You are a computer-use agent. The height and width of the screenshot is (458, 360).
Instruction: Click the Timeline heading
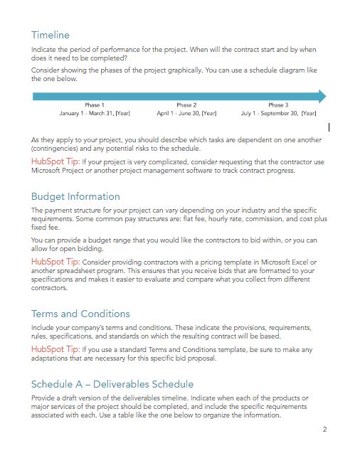tap(51, 35)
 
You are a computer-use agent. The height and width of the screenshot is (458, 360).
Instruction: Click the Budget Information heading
tap(75, 196)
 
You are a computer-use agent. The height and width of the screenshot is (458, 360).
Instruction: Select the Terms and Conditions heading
tap(80, 314)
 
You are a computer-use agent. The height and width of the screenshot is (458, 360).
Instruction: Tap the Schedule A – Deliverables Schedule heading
tap(112, 385)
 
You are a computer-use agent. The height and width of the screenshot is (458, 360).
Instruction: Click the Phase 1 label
tap(94, 105)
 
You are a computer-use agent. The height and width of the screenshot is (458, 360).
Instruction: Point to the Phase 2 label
tap(186, 105)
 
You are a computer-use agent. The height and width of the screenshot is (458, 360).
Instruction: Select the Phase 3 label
tap(278, 105)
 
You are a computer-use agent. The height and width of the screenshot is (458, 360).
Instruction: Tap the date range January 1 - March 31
tap(95, 113)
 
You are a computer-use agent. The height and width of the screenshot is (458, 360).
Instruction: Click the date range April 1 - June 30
tap(186, 113)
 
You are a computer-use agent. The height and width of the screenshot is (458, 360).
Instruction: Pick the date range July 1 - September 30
tap(278, 113)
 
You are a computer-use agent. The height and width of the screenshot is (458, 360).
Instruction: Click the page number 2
tap(324, 430)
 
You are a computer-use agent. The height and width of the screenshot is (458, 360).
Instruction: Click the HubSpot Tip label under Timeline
tap(55, 162)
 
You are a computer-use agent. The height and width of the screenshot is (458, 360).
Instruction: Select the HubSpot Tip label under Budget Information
tap(55, 262)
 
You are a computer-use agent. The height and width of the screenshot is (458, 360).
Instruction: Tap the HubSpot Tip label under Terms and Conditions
tap(55, 350)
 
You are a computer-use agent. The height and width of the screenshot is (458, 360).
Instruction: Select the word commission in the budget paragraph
tap(267, 220)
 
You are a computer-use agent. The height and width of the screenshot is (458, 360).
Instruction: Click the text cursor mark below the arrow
tap(329, 127)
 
